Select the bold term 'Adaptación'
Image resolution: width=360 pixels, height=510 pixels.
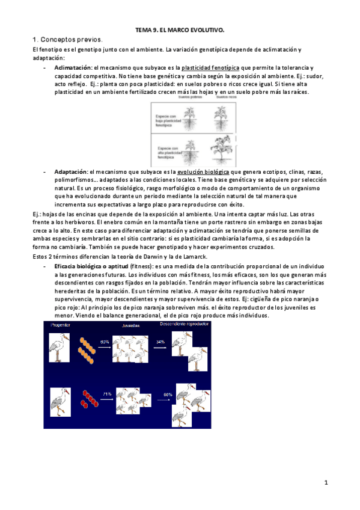(70, 171)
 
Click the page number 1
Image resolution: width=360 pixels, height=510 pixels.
(325, 482)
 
